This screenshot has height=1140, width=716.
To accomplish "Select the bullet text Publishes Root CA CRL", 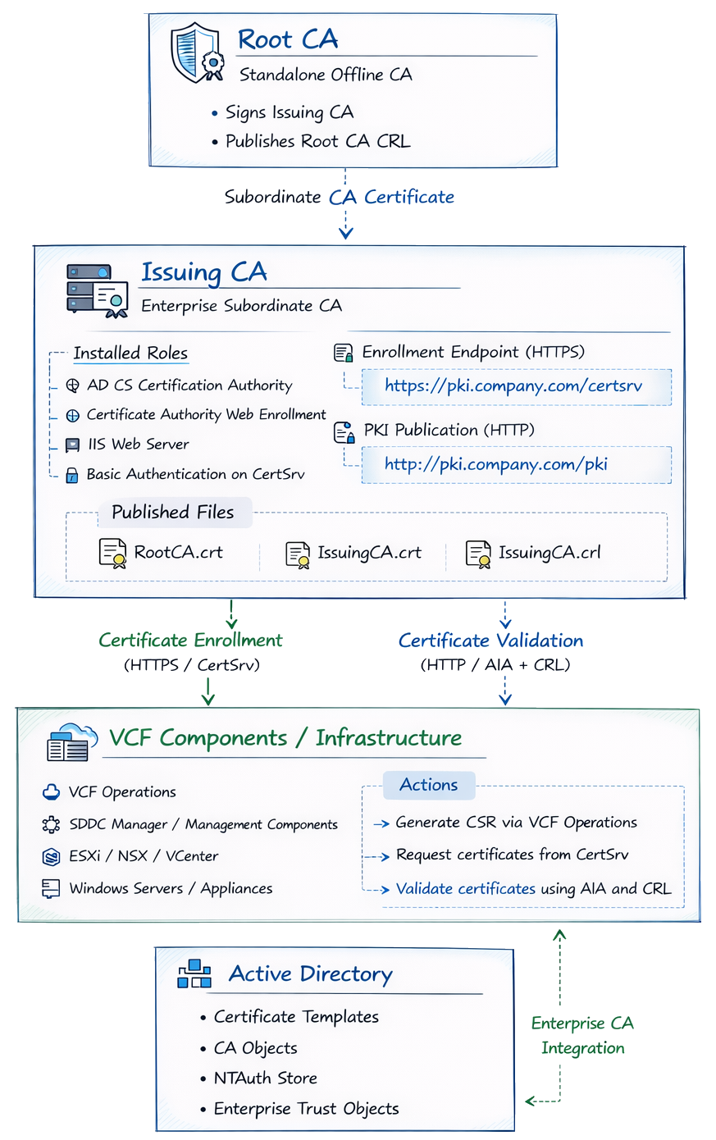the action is tap(317, 141).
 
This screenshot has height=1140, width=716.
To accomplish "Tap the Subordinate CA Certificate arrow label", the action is tap(339, 197).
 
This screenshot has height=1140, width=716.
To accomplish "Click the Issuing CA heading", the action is tap(204, 271).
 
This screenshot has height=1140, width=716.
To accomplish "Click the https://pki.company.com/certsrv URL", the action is tap(513, 386).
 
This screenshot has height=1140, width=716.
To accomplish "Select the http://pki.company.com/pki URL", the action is tap(495, 464).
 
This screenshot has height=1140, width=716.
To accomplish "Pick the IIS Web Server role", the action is tap(138, 445).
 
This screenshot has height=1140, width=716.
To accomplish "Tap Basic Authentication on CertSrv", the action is tap(195, 474).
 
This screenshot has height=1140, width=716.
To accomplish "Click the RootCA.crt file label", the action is tap(178, 552).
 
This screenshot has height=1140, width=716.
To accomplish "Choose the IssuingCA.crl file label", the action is tap(549, 553).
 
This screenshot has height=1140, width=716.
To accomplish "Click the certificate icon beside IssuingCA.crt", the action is tap(298, 554).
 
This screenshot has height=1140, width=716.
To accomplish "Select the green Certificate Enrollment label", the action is tap(190, 641).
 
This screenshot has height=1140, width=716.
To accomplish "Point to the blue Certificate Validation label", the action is tap(490, 641).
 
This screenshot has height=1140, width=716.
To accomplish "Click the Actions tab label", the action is tap(428, 785).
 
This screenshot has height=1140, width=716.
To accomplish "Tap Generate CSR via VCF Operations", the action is tap(516, 823).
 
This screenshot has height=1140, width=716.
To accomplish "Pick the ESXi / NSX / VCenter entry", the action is tap(144, 856).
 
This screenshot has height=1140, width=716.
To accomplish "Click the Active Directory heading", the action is tap(310, 974).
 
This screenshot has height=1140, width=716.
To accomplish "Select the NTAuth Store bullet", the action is tap(265, 1078).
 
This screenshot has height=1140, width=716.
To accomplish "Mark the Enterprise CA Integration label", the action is tap(582, 1035).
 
